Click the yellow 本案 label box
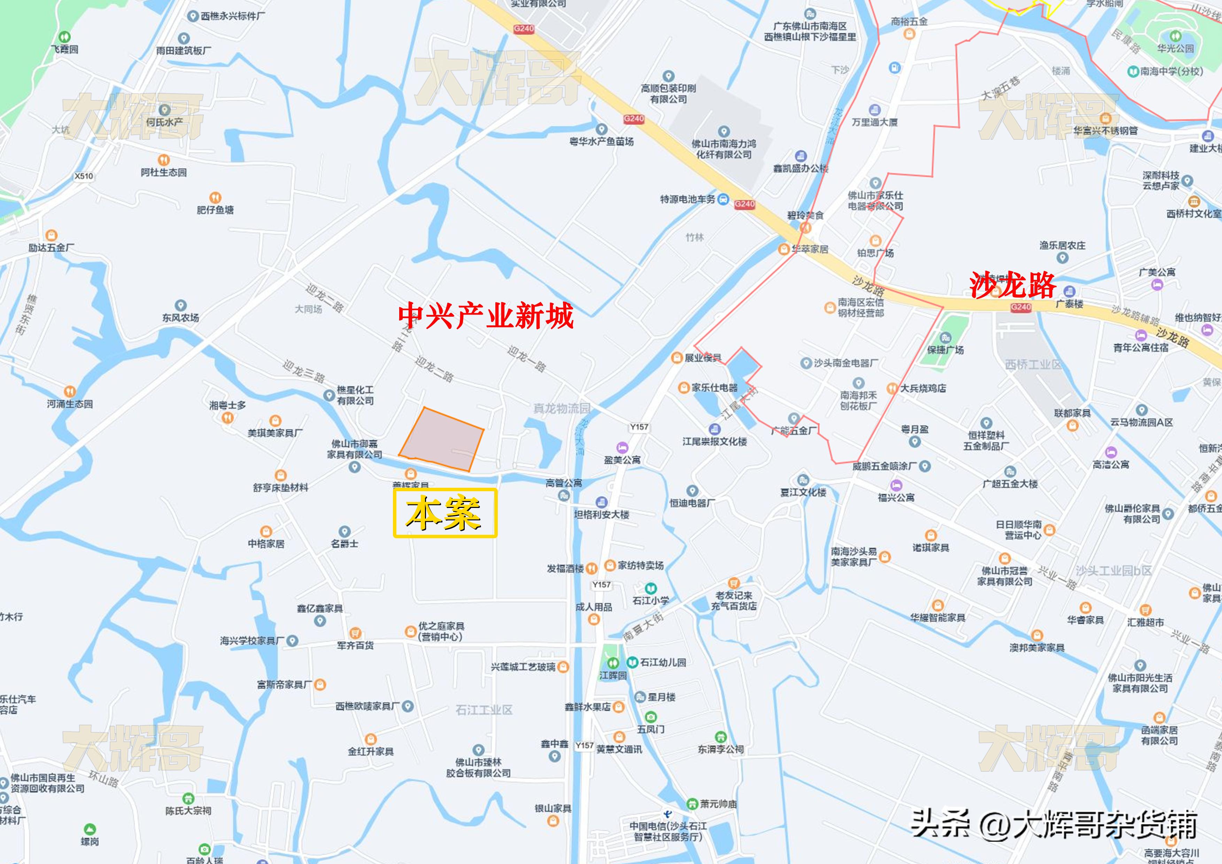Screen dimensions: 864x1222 pyautogui.click(x=445, y=512)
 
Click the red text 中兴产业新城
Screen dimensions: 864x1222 pyautogui.click(x=485, y=315)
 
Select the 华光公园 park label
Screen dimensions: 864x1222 pyautogui.click(x=1175, y=48)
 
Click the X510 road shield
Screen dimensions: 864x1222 pyautogui.click(x=84, y=176)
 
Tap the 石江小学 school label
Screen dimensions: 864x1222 pyautogui.click(x=650, y=600)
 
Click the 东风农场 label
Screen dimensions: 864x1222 pyautogui.click(x=180, y=317)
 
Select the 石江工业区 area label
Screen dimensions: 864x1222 pyautogui.click(x=484, y=710)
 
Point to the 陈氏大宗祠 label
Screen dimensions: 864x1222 pyautogui.click(x=188, y=811)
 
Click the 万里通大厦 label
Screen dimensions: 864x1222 pyautogui.click(x=874, y=122)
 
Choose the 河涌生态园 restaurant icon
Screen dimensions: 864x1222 pyautogui.click(x=69, y=392)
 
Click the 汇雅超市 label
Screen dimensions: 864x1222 pyautogui.click(x=1145, y=622)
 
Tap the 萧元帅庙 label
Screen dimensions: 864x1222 pyautogui.click(x=718, y=804)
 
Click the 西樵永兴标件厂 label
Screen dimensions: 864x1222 pyautogui.click(x=233, y=16)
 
